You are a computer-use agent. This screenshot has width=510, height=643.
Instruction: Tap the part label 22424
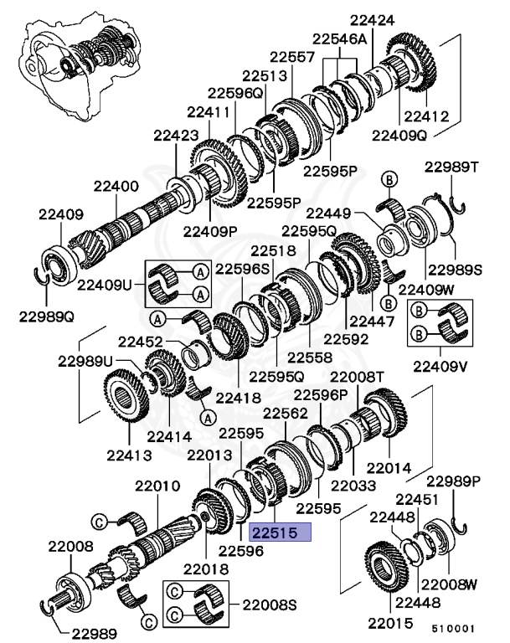pyautogui.click(x=372, y=17)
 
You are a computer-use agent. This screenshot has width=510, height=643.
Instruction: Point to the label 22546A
pyautogui.click(x=340, y=39)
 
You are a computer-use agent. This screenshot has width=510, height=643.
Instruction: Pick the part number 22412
pyautogui.click(x=427, y=116)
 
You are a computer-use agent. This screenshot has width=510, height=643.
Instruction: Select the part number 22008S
pyautogui.click(x=270, y=603)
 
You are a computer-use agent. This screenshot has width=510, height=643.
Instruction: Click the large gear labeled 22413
pyautogui.click(x=130, y=407)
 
